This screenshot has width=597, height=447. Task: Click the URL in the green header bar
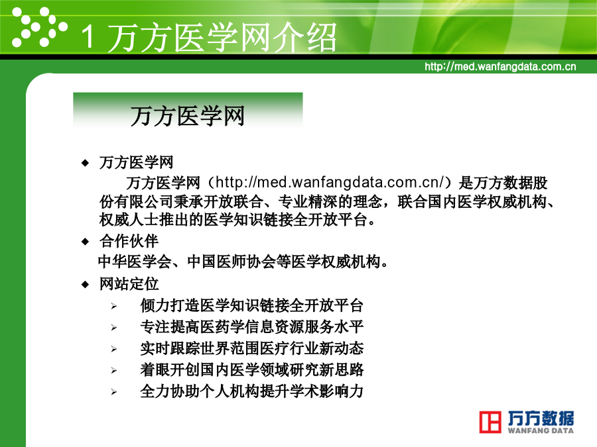tap(500, 66)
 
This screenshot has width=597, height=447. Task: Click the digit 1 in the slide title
tap(88, 36)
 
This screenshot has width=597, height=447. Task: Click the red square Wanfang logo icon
tap(490, 422)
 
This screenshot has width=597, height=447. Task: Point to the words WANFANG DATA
tap(541, 430)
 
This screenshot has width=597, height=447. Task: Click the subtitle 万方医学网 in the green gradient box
tap(187, 116)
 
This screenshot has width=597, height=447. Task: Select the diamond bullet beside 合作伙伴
tap(85, 241)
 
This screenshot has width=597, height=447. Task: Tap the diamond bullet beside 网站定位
tap(85, 284)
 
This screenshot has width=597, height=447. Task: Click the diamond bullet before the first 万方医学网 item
tap(85, 163)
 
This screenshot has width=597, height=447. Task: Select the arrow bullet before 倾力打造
tap(114, 306)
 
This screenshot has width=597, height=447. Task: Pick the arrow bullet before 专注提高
tap(114, 327)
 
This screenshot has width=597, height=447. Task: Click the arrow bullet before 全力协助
tap(114, 391)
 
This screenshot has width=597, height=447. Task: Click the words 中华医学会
tap(135, 262)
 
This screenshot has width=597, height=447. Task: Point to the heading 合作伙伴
tap(129, 241)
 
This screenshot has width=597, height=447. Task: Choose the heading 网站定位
tap(129, 284)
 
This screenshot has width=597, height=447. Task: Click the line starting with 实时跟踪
tap(251, 348)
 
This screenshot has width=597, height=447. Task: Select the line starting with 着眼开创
tap(251, 370)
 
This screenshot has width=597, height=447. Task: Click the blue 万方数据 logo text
tap(541, 418)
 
